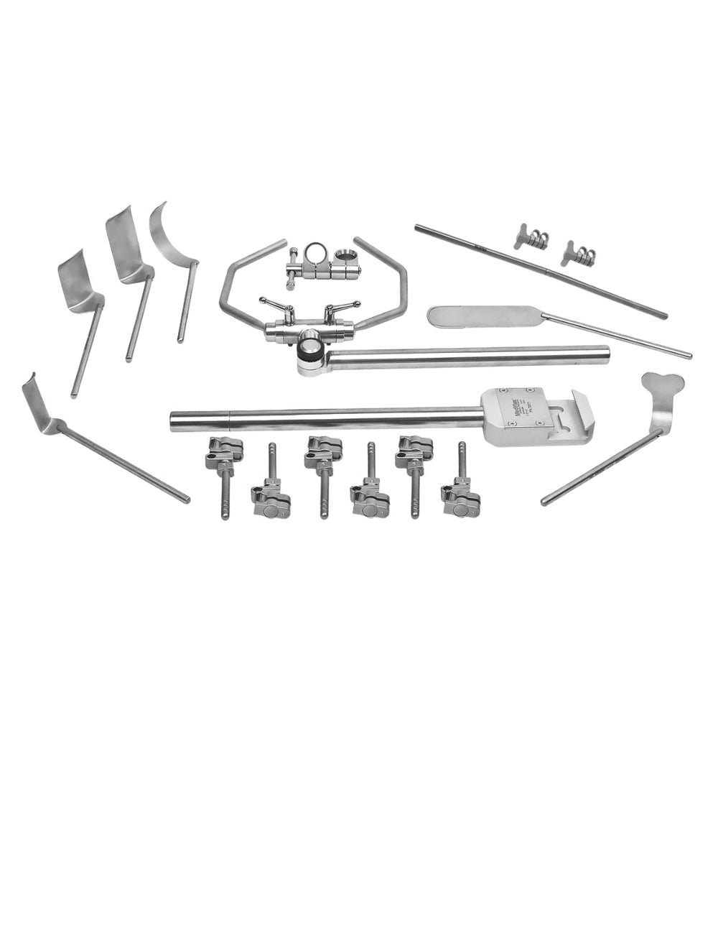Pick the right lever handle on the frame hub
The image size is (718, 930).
[336, 310]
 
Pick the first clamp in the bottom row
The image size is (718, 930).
[222, 454]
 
